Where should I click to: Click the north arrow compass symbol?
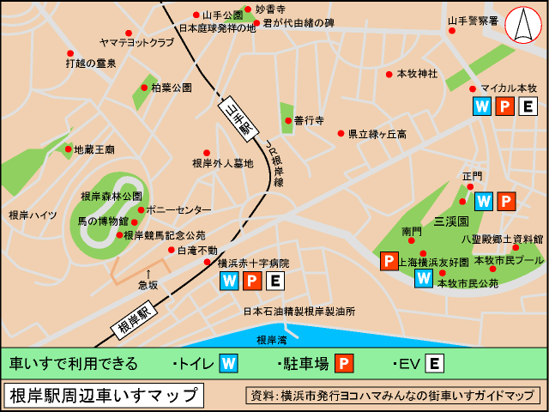pyautogui.click(x=521, y=27)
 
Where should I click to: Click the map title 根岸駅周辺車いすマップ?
pyautogui.click(x=104, y=396)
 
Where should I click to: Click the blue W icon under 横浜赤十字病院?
pyautogui.click(x=230, y=281)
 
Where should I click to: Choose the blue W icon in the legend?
pyautogui.click(x=228, y=363)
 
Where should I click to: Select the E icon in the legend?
pyautogui.click(x=435, y=363)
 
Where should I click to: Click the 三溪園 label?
pyautogui.click(x=449, y=221)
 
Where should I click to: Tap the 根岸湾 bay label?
pyautogui.click(x=272, y=340)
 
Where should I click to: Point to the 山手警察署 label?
pyautogui.click(x=473, y=20)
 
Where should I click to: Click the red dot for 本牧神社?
pyautogui.click(x=389, y=74)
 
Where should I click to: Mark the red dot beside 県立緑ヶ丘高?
pyautogui.click(x=341, y=134)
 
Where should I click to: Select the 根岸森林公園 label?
pyautogui.click(x=111, y=196)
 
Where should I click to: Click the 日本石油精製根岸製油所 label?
pyautogui.click(x=298, y=311)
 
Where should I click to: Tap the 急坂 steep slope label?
pyautogui.click(x=148, y=285)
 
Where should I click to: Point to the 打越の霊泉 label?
pyautogui.click(x=91, y=63)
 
